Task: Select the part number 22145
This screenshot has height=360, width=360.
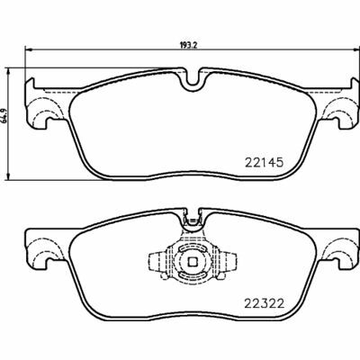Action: pos(265,163)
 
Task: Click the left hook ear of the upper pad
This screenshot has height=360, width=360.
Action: pos(40,112)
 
